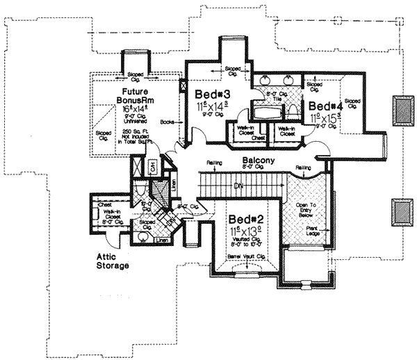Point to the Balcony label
pyautogui.click(x=256, y=161)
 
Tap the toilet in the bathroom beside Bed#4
pyautogui.click(x=293, y=110)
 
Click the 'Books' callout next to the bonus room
pyautogui.click(x=166, y=122)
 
